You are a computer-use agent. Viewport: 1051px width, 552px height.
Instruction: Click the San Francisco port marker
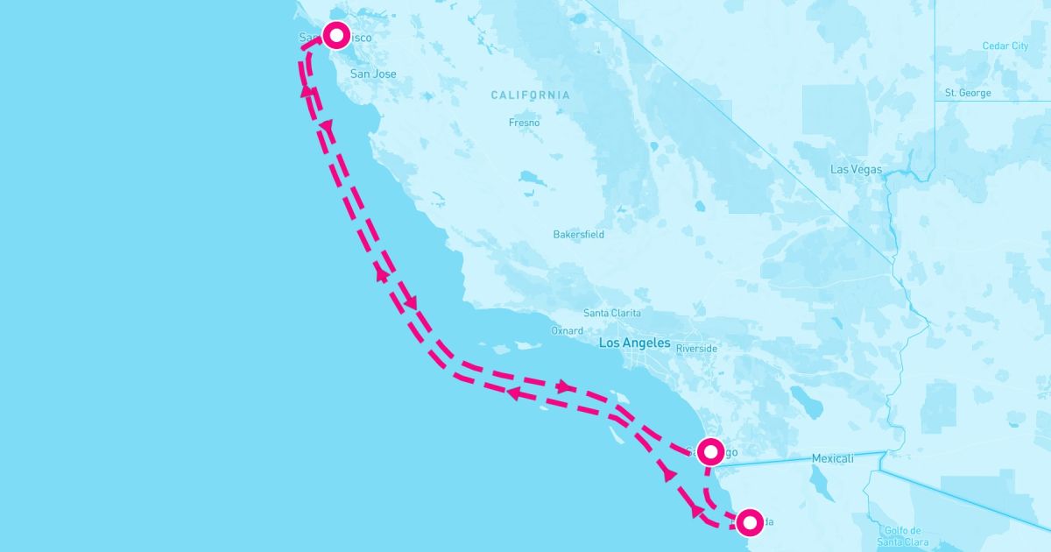(337, 35)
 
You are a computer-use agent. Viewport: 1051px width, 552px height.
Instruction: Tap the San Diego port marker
(709, 449)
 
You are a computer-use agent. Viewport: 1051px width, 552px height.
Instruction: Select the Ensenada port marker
(750, 522)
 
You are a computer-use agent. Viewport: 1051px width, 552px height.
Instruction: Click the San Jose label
(373, 74)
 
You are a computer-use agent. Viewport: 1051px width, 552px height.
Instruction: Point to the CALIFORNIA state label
(530, 95)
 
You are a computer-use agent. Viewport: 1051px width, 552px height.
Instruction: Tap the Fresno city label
(524, 123)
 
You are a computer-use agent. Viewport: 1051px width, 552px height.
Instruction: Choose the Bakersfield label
(578, 235)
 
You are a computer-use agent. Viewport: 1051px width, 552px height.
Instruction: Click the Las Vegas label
(856, 169)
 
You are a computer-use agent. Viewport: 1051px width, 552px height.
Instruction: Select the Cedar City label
(1005, 46)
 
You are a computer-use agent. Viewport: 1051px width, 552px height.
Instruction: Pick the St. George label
(968, 93)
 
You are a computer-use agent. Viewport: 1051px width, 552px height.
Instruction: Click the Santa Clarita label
(612, 314)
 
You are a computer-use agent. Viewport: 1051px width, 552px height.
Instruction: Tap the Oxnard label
(567, 331)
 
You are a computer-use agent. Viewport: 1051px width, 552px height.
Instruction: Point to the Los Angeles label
(634, 343)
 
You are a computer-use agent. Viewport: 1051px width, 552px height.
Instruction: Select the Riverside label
(697, 349)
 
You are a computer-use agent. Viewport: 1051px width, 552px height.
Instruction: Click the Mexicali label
(832, 458)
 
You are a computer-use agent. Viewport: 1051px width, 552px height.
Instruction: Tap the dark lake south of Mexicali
(822, 481)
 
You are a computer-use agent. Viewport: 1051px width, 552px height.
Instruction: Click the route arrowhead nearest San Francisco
(307, 91)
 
